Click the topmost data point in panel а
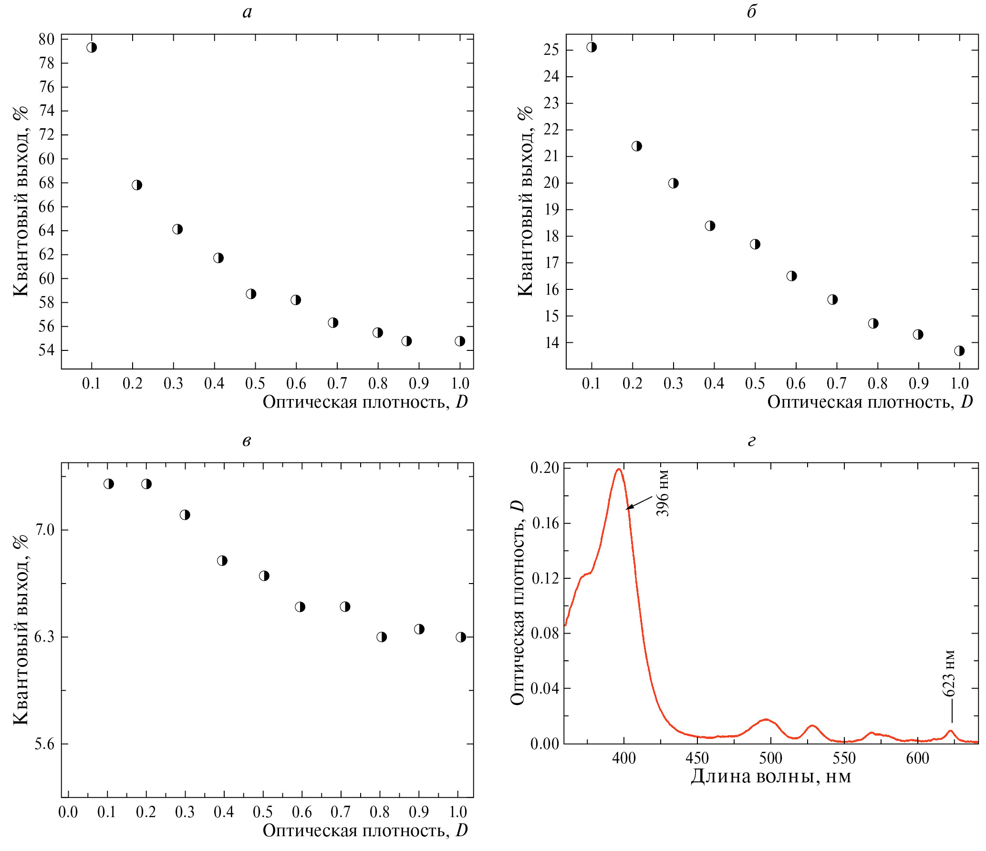pyautogui.click(x=92, y=47)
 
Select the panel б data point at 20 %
pyautogui.click(x=673, y=183)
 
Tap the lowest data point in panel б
pyautogui.click(x=959, y=351)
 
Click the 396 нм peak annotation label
pyautogui.click(x=663, y=493)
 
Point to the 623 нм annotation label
pyautogui.click(x=949, y=673)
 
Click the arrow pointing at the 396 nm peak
pyautogui.click(x=639, y=502)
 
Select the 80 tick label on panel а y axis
pyautogui.click(x=46, y=39)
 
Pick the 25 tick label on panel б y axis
pyautogui.click(x=551, y=50)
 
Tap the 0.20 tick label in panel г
pyautogui.click(x=544, y=468)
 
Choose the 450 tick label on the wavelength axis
pyautogui.click(x=697, y=759)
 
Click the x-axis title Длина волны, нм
pyautogui.click(x=771, y=777)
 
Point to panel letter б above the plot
pyautogui.click(x=752, y=11)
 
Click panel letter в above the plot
pyautogui.click(x=247, y=441)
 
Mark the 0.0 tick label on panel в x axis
pyautogui.click(x=68, y=812)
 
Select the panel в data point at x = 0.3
pyautogui.click(x=185, y=515)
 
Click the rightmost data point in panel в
pyautogui.click(x=460, y=637)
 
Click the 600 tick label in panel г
pyautogui.click(x=918, y=759)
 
